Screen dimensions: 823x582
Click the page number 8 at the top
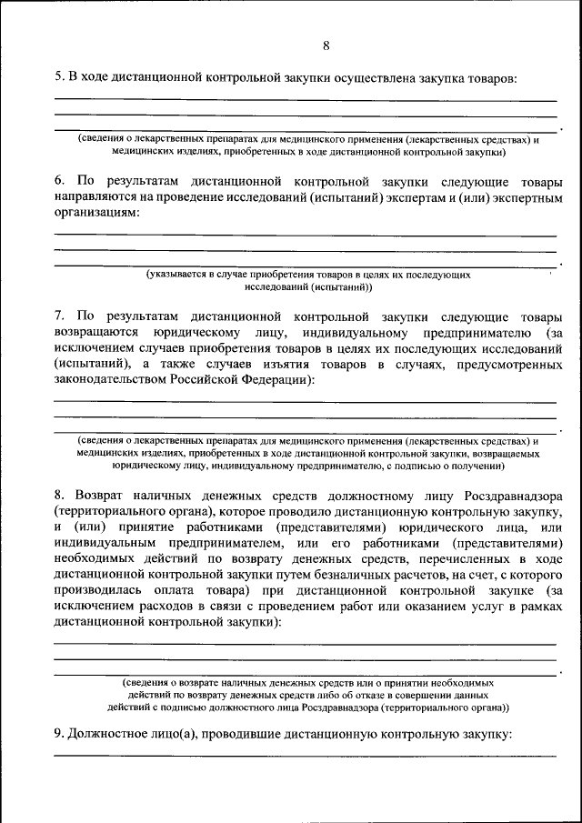(x=326, y=46)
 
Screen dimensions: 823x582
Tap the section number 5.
(x=57, y=78)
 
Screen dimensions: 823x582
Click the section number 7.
(x=57, y=316)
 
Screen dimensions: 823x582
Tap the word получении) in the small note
(x=477, y=465)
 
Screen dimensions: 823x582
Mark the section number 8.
(x=57, y=496)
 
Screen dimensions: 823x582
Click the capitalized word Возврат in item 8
(x=95, y=496)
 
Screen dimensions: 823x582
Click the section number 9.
(x=57, y=735)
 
